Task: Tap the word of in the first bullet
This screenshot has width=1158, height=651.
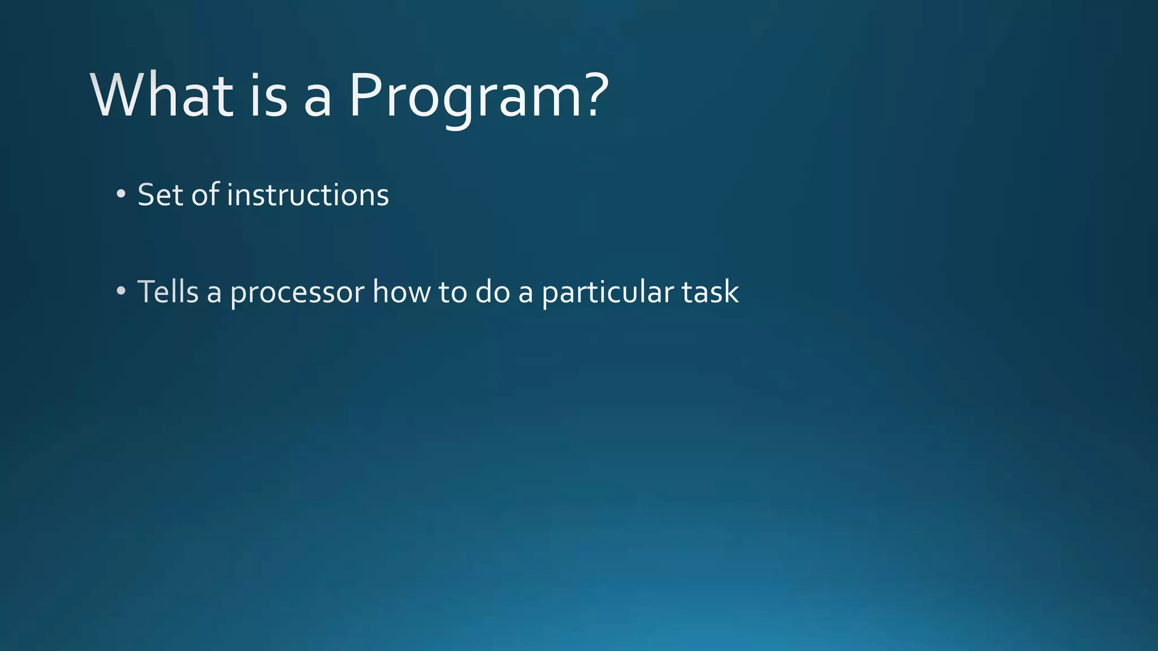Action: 205,195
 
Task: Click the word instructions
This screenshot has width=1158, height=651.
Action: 308,195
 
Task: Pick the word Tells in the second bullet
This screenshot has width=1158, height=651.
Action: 168,292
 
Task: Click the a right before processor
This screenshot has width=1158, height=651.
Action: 214,294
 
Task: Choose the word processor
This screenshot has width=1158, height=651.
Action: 297,294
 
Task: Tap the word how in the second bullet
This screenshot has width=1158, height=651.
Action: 401,292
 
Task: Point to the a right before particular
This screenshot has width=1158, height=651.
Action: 525,294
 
